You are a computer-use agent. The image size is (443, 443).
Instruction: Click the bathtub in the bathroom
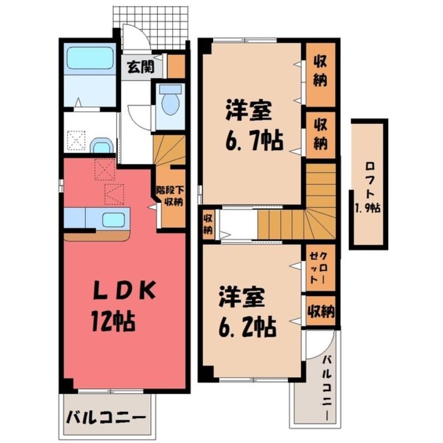pos(90,58)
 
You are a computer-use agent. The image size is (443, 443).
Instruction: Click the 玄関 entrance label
pos(141,67)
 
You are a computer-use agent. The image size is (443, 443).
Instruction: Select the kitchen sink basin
pos(114,220)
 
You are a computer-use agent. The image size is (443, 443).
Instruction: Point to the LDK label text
pos(125,290)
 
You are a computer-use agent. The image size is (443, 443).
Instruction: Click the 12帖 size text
pos(113,321)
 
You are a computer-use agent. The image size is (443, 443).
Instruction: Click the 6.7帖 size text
pos(254,141)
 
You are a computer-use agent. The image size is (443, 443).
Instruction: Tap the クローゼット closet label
pos(318,267)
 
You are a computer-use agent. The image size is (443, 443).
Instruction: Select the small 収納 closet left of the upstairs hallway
pos(208,224)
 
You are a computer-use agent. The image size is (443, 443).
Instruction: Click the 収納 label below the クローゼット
pos(321,311)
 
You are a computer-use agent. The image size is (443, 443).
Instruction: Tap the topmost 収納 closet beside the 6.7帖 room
pos(321,75)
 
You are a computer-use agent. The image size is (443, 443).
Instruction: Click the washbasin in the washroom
pos(101,146)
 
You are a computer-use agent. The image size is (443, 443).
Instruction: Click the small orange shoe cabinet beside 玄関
pos(176,66)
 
